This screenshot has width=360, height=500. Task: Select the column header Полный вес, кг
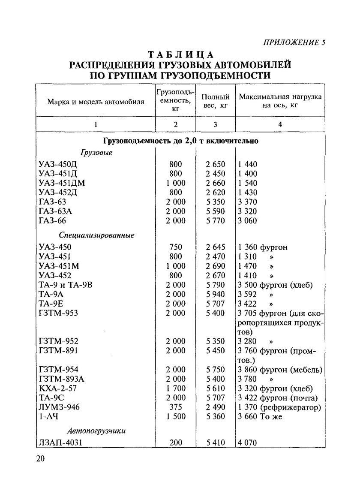pyautogui.click(x=215, y=101)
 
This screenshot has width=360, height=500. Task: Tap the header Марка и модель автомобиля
pyautogui.click(x=96, y=102)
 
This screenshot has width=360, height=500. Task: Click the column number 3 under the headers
pyautogui.click(x=215, y=125)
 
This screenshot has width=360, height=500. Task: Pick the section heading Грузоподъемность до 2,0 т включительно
pyautogui.click(x=180, y=141)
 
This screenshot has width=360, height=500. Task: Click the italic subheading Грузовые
pyautogui.click(x=96, y=153)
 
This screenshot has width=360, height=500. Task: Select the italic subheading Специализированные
pyautogui.click(x=96, y=235)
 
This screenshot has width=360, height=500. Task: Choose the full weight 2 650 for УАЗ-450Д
pyautogui.click(x=215, y=164)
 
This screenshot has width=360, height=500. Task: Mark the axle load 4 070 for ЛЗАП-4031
pyautogui.click(x=247, y=443)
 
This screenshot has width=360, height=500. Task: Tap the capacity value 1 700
pyautogui.click(x=176, y=388)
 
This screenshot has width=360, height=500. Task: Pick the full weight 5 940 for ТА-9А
pyautogui.click(x=215, y=294)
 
